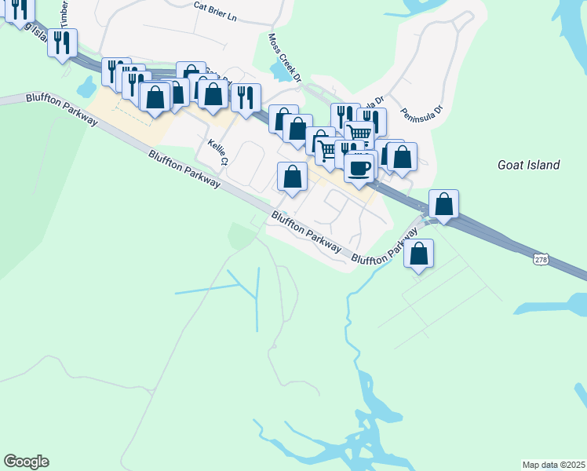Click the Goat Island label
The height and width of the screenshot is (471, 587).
click(x=529, y=165)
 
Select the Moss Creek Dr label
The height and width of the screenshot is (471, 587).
click(x=285, y=57)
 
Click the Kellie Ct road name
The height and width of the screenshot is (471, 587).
click(x=217, y=153)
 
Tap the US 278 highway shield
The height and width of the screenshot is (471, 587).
click(x=540, y=258)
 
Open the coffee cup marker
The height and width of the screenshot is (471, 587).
click(x=359, y=167)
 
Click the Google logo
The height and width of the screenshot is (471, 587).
click(x=26, y=462)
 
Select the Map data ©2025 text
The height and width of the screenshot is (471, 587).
click(x=553, y=464)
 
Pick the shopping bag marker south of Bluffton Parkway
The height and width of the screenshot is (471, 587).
click(x=419, y=254)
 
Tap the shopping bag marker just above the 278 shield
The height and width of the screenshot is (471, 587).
click(x=443, y=204)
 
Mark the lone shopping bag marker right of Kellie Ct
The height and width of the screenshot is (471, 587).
click(x=292, y=177)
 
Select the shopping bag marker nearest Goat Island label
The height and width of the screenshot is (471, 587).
click(x=402, y=156)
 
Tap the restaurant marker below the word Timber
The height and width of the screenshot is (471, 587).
click(x=62, y=42)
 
